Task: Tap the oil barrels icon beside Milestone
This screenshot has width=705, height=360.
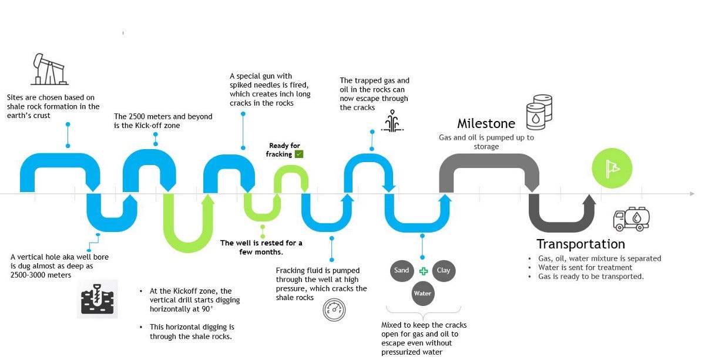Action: click(x=539, y=112)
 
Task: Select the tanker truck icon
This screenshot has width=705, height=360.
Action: click(x=632, y=218)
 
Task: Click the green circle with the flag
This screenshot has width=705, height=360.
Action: click(x=612, y=168)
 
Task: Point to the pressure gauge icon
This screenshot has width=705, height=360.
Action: click(x=334, y=310)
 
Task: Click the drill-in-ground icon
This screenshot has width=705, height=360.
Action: click(x=97, y=299)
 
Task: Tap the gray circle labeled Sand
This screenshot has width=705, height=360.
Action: click(x=401, y=271)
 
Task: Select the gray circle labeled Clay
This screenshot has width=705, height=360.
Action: click(x=444, y=271)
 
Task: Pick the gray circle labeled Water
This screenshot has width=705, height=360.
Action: click(x=422, y=294)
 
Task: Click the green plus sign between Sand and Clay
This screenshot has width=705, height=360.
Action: click(x=423, y=271)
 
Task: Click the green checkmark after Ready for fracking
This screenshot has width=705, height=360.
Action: click(x=299, y=154)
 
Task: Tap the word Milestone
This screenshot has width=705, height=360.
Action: click(x=486, y=123)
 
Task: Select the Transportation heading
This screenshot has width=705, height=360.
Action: click(x=580, y=244)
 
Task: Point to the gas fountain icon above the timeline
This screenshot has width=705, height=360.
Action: click(x=392, y=122)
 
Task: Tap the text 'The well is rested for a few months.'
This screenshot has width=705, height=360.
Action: click(x=261, y=247)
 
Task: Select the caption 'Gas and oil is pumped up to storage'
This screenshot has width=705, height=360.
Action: click(x=486, y=142)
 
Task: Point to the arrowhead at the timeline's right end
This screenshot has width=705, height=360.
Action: click(x=691, y=193)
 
